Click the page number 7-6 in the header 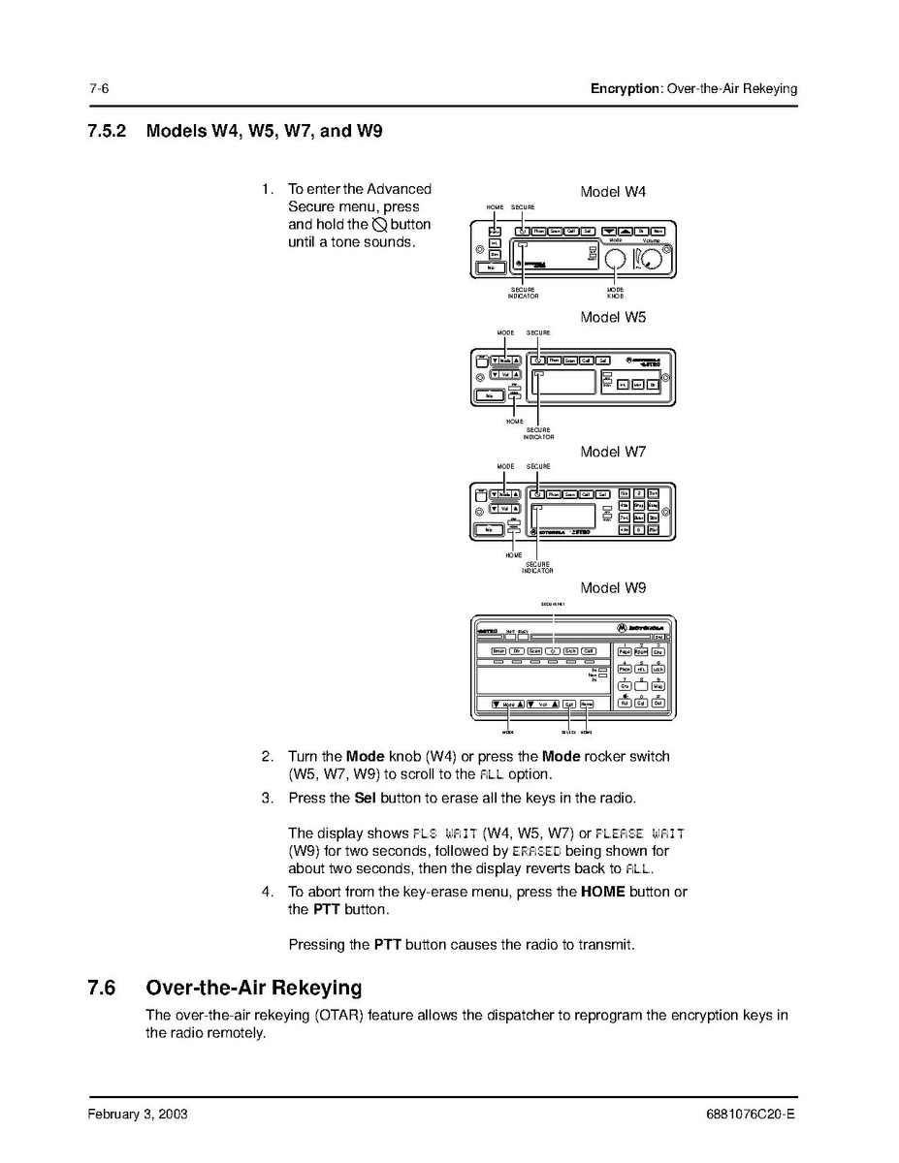(x=98, y=88)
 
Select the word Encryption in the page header (x=625, y=88)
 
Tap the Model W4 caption (x=613, y=192)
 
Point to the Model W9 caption (x=613, y=588)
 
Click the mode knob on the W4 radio (x=615, y=259)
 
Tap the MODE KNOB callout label (x=615, y=293)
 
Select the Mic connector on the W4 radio (x=494, y=267)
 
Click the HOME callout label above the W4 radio (x=495, y=208)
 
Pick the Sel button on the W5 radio (x=601, y=361)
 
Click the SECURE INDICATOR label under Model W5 (x=538, y=433)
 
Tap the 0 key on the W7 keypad (x=639, y=530)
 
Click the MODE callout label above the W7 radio (x=505, y=466)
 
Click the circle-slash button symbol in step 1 (x=379, y=225)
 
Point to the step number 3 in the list (x=267, y=799)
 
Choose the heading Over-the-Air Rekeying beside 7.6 (x=253, y=989)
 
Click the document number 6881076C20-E (x=752, y=1115)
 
